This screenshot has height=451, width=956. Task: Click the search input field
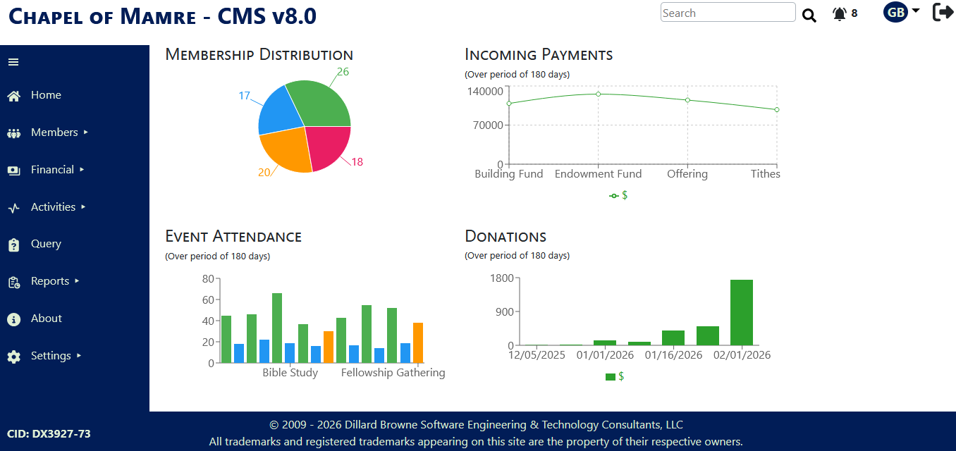[728, 13]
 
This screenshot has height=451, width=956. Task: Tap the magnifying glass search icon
[809, 16]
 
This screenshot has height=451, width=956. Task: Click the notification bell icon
[839, 14]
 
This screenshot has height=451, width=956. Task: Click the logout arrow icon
[943, 13]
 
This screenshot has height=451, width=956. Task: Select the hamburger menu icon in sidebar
[13, 62]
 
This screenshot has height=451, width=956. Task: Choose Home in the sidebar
[46, 95]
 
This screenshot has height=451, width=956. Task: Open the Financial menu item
[52, 170]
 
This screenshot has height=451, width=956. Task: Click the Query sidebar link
[46, 244]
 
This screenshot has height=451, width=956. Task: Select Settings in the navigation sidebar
[51, 356]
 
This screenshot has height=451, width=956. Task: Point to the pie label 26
[343, 72]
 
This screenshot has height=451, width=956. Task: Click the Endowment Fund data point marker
[599, 94]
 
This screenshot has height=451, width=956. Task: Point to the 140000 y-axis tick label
[485, 92]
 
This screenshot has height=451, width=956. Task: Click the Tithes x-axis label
[765, 174]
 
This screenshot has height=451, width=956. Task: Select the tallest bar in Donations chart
[742, 312]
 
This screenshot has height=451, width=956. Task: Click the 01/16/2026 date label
[673, 355]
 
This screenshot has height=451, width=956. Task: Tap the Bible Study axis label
[290, 373]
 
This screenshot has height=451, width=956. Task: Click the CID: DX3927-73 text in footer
[49, 434]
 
